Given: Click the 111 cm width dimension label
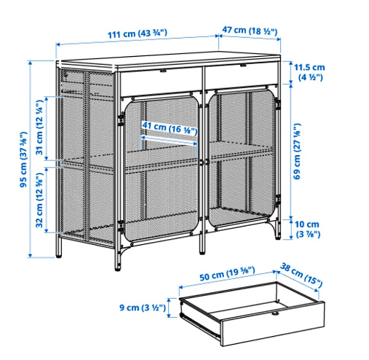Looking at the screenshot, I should tap(137, 33).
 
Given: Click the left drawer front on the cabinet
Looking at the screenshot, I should tap(161, 78).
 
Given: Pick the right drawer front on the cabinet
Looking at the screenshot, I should tap(242, 77).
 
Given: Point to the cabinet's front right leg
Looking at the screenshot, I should tap(277, 232).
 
